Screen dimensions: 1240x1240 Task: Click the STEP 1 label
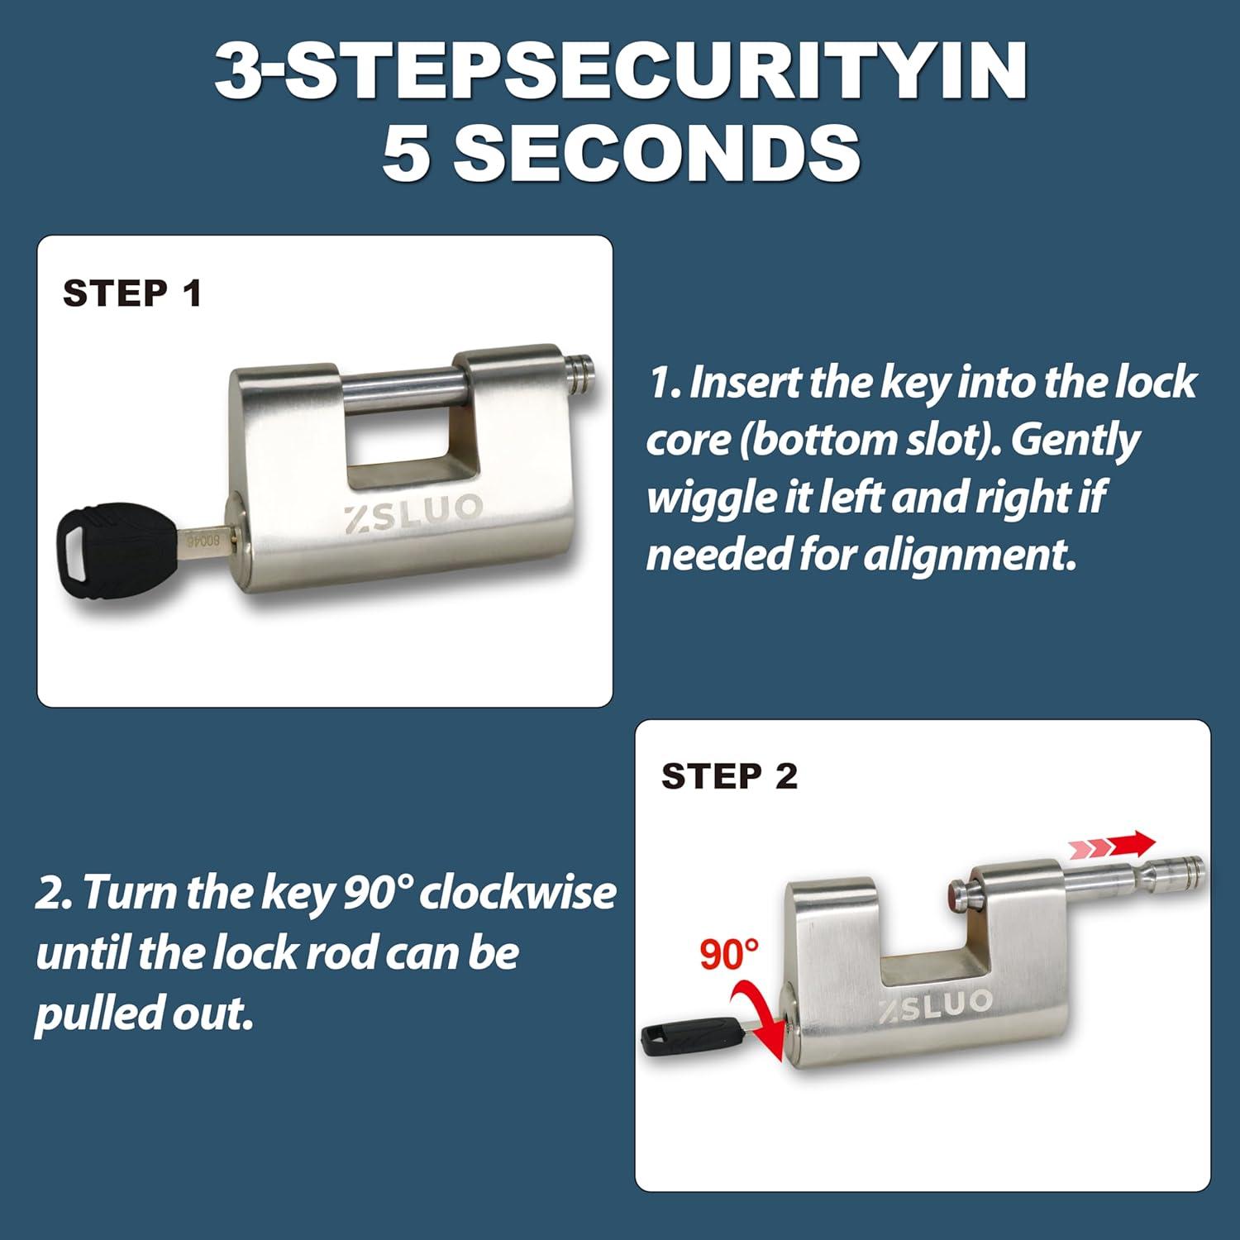click(132, 293)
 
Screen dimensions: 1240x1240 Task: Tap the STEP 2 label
click(729, 776)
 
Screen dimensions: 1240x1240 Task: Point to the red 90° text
click(729, 954)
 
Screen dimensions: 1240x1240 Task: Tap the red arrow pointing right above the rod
click(1112, 845)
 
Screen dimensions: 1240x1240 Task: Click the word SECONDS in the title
click(657, 154)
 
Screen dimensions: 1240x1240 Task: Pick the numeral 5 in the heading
click(405, 154)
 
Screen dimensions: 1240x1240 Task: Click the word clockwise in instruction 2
click(517, 894)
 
